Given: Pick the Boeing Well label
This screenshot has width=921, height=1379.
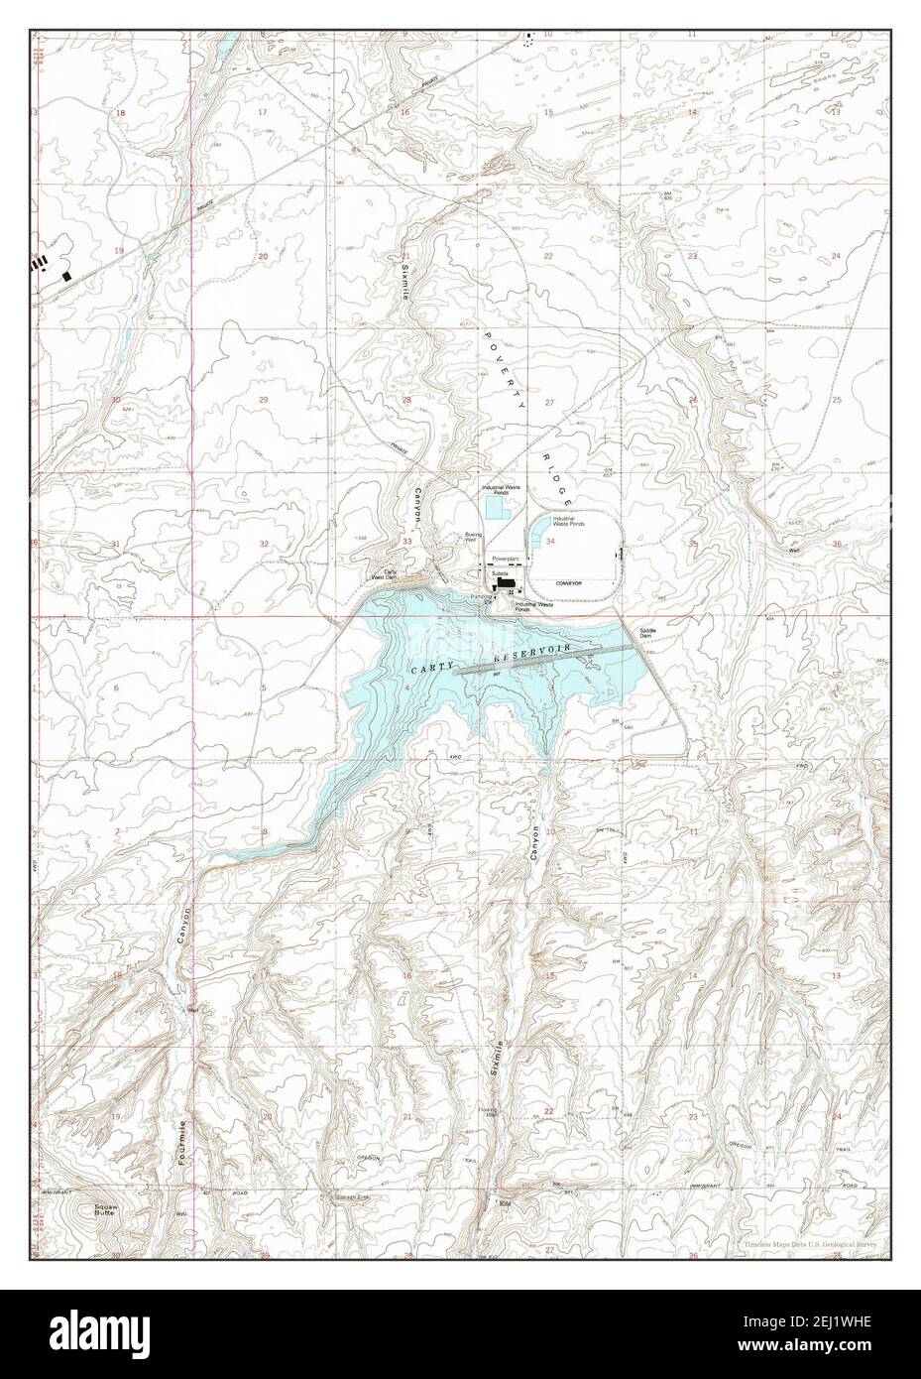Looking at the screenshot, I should coord(473,538).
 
